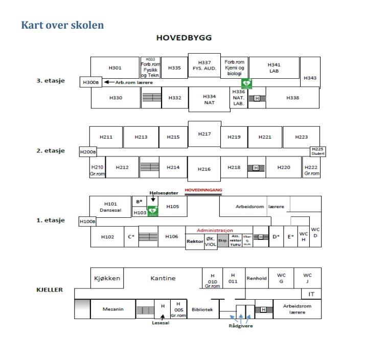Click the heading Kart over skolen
coord(62,25)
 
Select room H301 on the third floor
coord(115,67)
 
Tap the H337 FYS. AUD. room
coord(204,65)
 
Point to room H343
coord(310,78)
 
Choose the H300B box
coord(89,82)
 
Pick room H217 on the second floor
coord(204,133)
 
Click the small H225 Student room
coord(317,151)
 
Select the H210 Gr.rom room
coord(97,170)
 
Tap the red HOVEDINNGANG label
coord(203,190)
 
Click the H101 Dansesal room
coord(110,206)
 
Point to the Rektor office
coord(195,241)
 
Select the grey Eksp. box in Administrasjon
coord(223,240)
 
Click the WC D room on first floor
coord(315,233)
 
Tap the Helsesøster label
coord(164,193)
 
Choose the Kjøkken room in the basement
coord(107,278)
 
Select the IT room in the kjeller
coord(311,294)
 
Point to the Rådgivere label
coord(240,326)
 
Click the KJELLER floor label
coord(50,289)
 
